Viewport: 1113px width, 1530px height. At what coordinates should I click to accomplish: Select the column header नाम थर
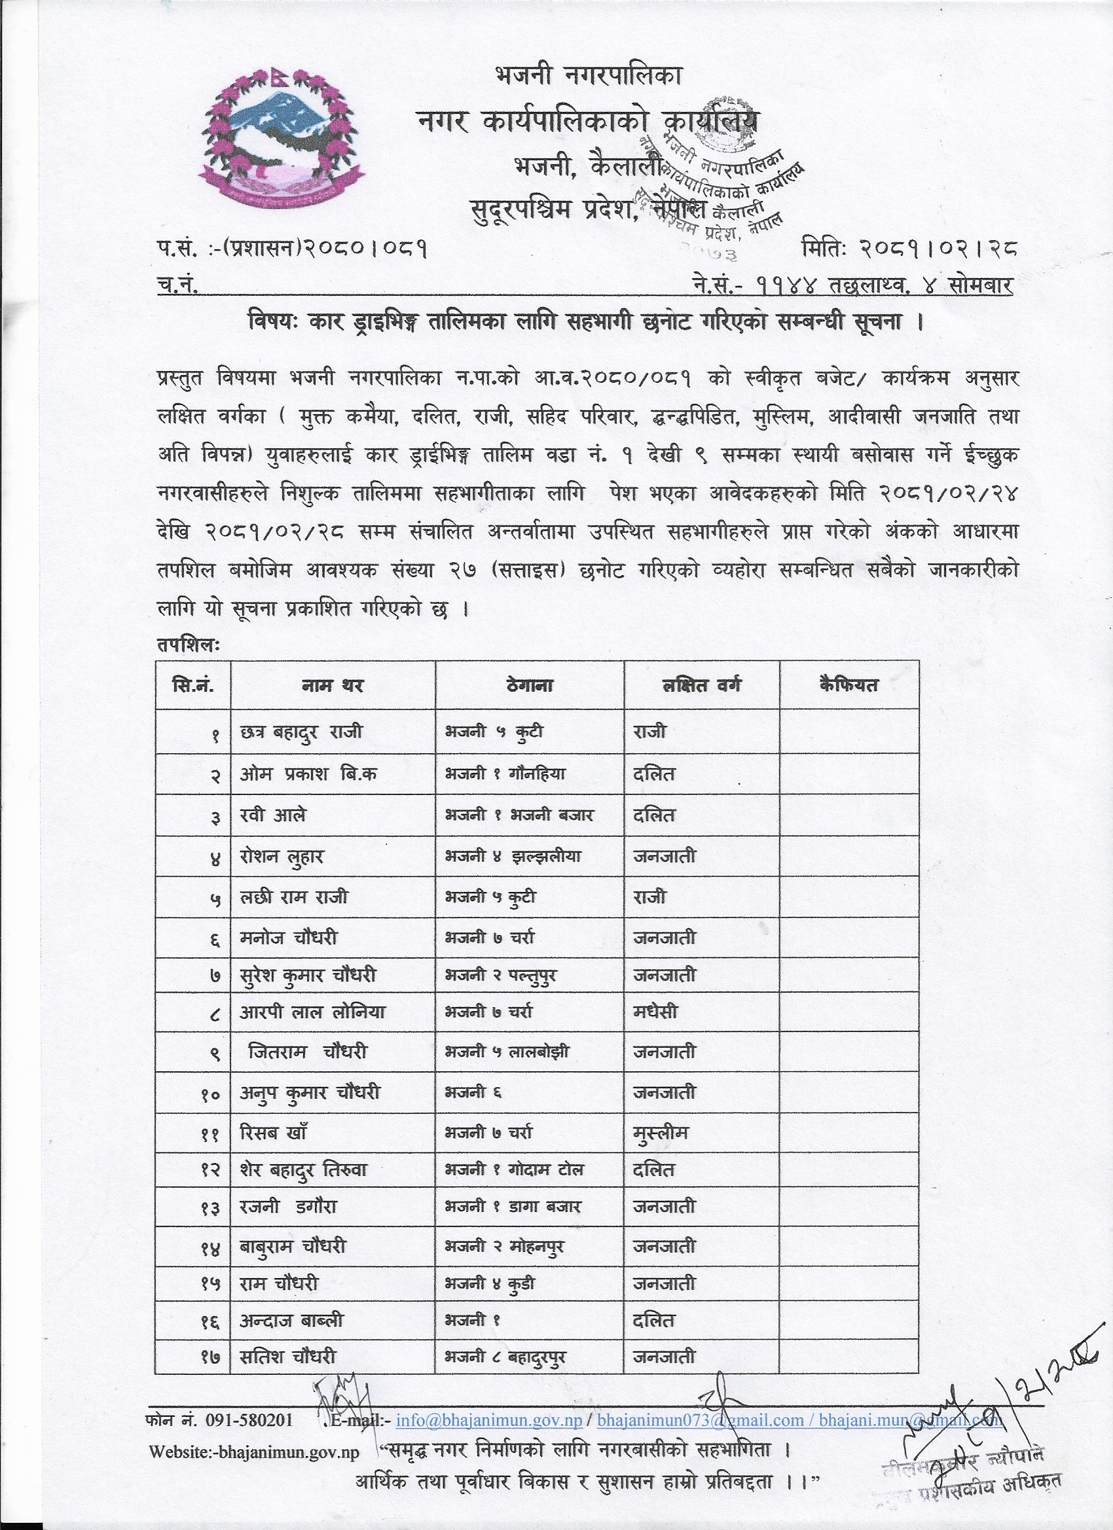pyautogui.click(x=332, y=685)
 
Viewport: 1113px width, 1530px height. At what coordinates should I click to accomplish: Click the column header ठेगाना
pyautogui.click(x=528, y=685)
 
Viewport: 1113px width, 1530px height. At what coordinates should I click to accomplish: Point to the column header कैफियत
pyautogui.click(x=848, y=685)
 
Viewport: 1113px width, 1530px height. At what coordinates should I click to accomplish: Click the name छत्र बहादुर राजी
pyautogui.click(x=301, y=732)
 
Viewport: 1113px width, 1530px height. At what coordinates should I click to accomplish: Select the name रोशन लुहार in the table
pyautogui.click(x=282, y=857)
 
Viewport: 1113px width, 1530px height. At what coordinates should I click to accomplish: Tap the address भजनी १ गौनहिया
pyautogui.click(x=505, y=774)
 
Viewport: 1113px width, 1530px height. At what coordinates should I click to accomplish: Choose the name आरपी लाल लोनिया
pyautogui.click(x=312, y=1012)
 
